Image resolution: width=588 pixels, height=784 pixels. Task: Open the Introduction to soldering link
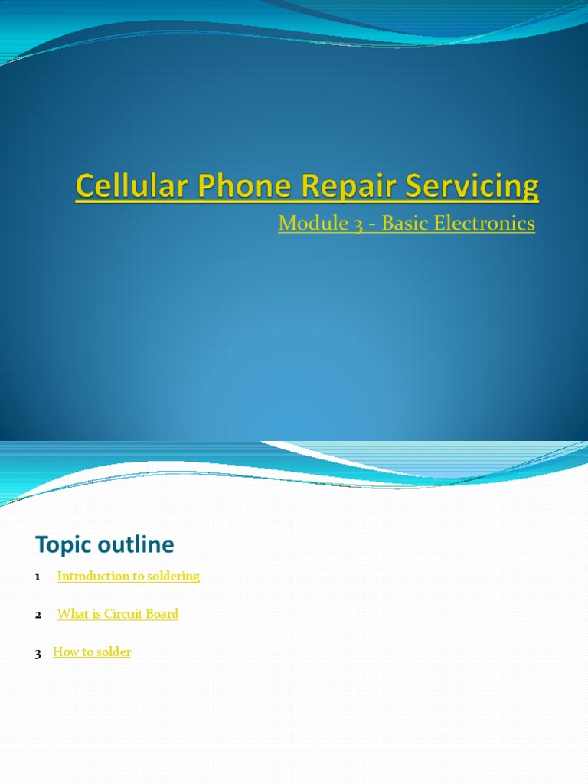[128, 576]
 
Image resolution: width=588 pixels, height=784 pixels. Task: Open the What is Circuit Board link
[117, 614]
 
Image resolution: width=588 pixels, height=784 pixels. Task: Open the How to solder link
[92, 652]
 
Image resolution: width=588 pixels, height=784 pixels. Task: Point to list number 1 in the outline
[38, 577]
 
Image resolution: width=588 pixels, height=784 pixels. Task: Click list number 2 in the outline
[38, 615]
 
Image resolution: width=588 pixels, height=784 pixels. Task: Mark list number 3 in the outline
[38, 654]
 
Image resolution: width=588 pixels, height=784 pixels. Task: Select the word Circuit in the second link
[124, 614]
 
